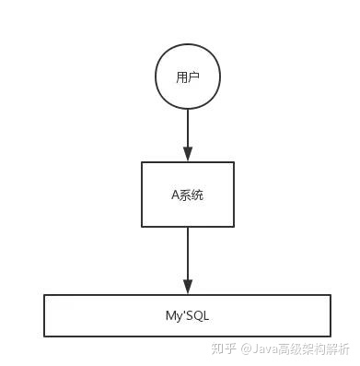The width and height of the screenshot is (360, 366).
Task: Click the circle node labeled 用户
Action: coord(187,77)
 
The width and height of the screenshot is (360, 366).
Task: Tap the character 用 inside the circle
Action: coord(181,77)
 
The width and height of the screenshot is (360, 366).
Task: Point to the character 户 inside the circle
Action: coord(193,77)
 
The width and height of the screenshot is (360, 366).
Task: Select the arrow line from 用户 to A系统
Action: coord(187,129)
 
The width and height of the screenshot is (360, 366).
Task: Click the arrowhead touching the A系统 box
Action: coord(187,155)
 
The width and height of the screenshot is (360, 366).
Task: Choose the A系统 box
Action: coord(187,195)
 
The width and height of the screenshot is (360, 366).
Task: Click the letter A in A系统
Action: coord(175,195)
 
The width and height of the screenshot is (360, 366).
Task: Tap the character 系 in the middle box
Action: coord(185,195)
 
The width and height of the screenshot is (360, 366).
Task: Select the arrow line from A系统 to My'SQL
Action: coord(187,254)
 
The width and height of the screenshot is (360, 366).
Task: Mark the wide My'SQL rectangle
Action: coord(187,315)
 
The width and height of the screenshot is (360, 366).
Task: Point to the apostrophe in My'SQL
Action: coord(182,313)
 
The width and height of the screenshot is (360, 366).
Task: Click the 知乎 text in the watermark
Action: coord(224,349)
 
